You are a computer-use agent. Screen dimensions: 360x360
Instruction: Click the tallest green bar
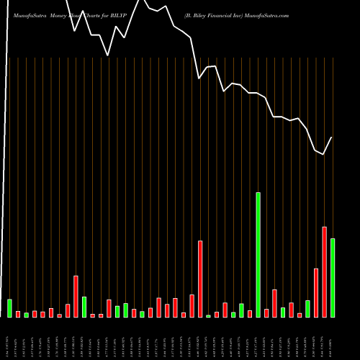click(x=258, y=255)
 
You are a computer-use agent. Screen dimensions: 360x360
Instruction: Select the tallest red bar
click(x=324, y=272)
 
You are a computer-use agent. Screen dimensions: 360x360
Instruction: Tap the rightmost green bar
click(x=333, y=278)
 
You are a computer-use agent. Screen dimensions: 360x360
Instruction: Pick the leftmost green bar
click(x=9, y=308)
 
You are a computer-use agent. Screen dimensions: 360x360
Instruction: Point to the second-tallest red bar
click(x=200, y=279)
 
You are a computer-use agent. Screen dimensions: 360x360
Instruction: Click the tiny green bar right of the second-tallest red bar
click(x=209, y=316)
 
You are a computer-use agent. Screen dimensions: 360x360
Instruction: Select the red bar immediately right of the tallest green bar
click(x=266, y=313)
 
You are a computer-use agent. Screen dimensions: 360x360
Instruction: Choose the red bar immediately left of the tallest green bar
click(x=250, y=314)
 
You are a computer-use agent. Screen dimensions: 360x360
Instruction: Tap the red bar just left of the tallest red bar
click(x=316, y=293)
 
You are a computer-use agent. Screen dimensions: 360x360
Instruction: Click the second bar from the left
click(x=18, y=314)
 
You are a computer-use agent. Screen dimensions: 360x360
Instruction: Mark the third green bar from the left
click(x=84, y=307)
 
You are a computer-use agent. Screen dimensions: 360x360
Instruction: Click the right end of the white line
click(x=332, y=138)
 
